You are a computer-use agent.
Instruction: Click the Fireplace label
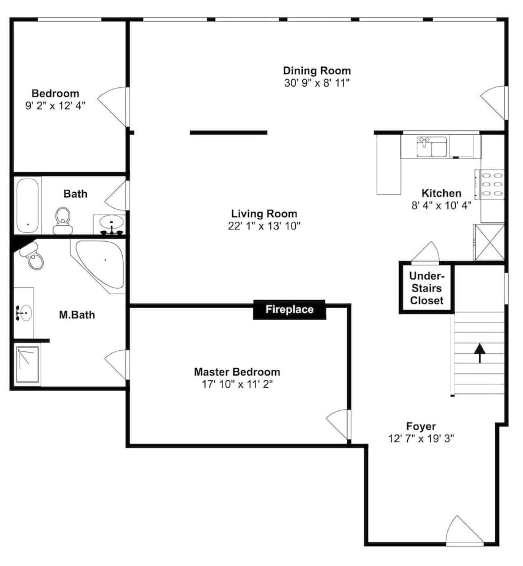(289, 309)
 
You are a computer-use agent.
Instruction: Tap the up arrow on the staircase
(480, 353)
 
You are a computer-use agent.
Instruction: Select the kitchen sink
(432, 147)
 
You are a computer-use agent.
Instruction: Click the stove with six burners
(489, 185)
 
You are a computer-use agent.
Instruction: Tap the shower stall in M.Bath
(27, 364)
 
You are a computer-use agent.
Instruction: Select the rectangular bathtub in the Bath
(27, 205)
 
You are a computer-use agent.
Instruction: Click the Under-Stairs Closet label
(427, 288)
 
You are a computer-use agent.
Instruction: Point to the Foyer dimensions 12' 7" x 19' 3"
(421, 439)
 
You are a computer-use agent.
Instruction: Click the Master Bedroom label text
(237, 372)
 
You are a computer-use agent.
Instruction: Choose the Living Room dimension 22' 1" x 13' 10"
(264, 226)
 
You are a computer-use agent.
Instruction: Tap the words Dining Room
(317, 71)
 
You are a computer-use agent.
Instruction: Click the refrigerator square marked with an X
(489, 242)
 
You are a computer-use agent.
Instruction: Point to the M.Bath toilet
(32, 256)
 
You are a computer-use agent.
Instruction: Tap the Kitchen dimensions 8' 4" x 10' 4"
(441, 205)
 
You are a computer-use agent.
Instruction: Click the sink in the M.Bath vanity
(25, 313)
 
